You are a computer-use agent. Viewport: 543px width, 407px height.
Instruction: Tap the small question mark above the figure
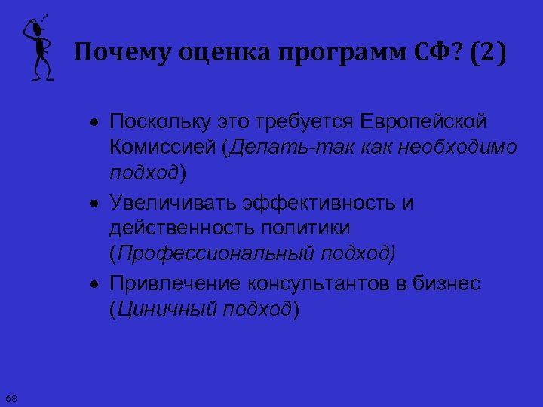[45, 16]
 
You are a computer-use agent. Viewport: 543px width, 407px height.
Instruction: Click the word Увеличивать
[165, 203]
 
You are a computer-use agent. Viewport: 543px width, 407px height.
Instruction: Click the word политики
[306, 227]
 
